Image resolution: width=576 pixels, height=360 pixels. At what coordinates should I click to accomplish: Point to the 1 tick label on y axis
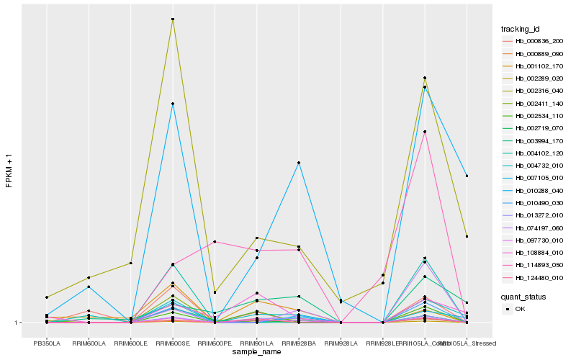coord(17,323)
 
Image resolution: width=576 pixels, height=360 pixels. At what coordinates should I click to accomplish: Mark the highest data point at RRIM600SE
coord(173,19)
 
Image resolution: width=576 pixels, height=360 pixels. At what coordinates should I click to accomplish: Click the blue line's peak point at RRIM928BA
coord(299,163)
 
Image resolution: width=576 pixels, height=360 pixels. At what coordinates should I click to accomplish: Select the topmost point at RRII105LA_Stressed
coord(467,176)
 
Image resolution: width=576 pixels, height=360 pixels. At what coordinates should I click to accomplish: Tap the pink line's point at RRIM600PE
coord(215,242)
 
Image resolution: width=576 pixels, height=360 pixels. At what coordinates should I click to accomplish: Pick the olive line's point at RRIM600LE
coord(131,263)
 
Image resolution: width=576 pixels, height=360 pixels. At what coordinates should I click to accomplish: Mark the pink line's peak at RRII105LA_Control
coord(425,132)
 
